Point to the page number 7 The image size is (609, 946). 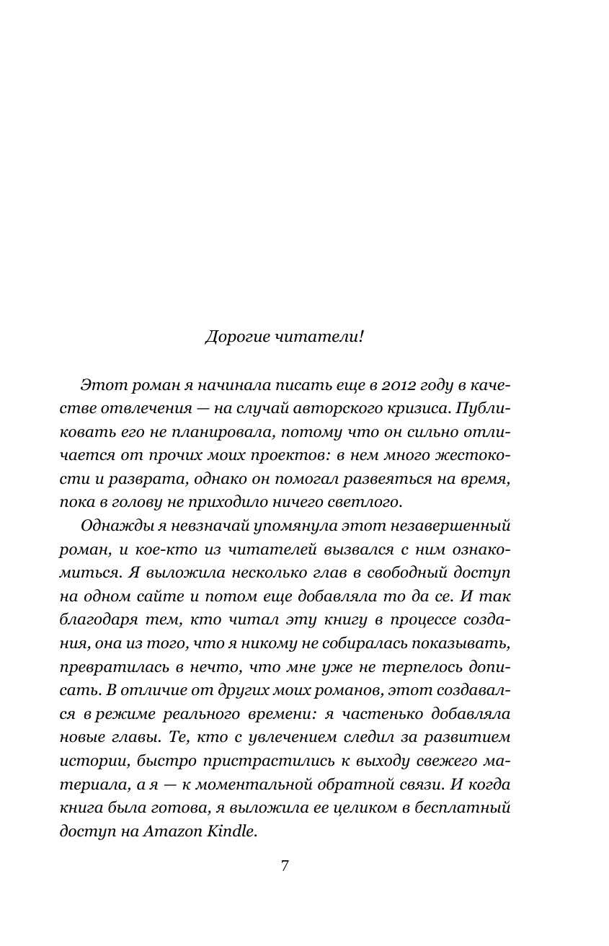tap(285, 865)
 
